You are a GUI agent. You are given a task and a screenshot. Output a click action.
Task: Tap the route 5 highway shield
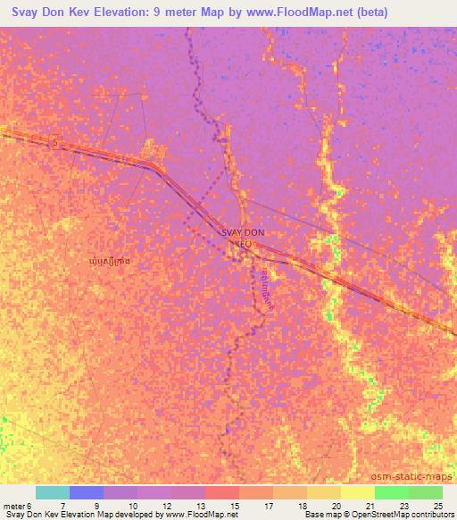[55, 143]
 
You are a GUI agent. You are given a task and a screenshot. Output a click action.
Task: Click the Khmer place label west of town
[113, 261]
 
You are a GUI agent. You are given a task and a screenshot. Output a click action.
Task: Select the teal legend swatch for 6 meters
[52, 492]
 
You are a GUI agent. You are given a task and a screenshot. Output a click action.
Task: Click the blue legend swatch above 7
[86, 492]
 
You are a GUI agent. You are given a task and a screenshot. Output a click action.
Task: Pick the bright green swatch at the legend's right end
[425, 492]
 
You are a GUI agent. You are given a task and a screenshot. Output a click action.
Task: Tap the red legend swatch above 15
[221, 492]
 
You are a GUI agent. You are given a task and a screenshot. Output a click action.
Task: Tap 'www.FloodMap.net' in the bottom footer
[197, 515]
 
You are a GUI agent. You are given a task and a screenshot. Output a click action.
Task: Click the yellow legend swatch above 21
[357, 492]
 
